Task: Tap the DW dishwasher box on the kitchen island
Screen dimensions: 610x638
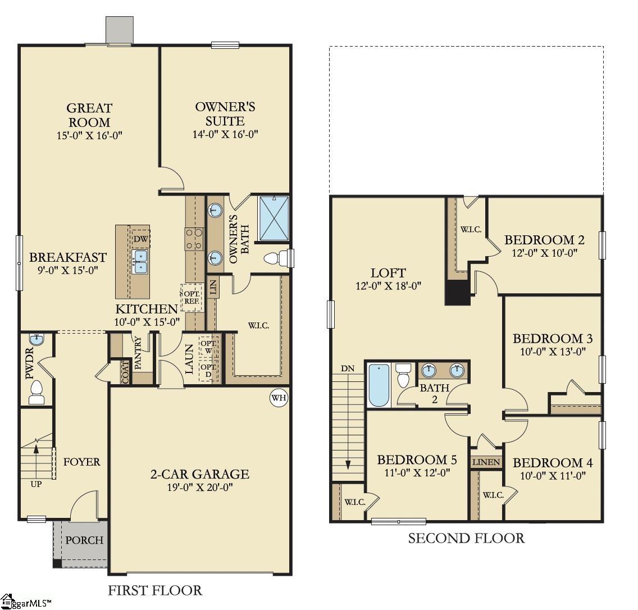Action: pyautogui.click(x=140, y=239)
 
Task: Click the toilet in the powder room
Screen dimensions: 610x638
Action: pyautogui.click(x=37, y=392)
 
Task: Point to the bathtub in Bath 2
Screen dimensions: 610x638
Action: pyautogui.click(x=379, y=385)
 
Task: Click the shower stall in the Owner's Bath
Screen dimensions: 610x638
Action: pyautogui.click(x=274, y=218)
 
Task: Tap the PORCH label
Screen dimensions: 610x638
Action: pyautogui.click(x=84, y=540)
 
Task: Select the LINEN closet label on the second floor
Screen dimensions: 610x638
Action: pyautogui.click(x=486, y=462)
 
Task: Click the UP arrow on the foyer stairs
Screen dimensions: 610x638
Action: pyautogui.click(x=37, y=449)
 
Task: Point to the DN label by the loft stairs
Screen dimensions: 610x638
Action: pyautogui.click(x=348, y=368)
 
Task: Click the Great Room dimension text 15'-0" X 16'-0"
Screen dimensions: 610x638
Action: pyautogui.click(x=89, y=135)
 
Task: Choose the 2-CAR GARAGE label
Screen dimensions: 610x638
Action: pyautogui.click(x=199, y=474)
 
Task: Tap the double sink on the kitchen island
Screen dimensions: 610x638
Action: pyautogui.click(x=140, y=261)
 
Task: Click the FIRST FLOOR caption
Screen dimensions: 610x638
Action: pyautogui.click(x=154, y=590)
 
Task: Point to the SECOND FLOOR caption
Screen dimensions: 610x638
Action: pyautogui.click(x=466, y=539)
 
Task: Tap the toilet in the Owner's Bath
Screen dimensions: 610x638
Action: pyautogui.click(x=275, y=259)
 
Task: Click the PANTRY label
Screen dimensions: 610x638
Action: pyautogui.click(x=138, y=353)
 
